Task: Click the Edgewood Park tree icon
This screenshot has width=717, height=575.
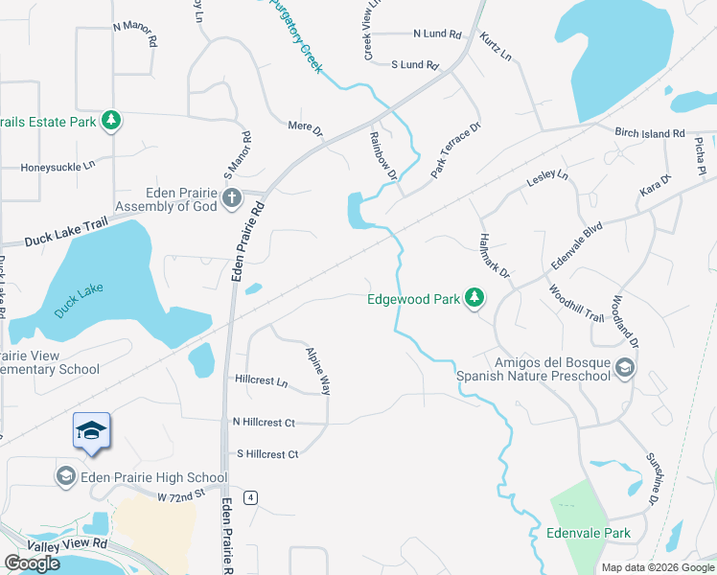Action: coord(474,299)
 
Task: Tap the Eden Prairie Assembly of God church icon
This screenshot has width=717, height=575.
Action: coord(231,198)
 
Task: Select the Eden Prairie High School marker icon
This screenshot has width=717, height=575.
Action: coord(66,476)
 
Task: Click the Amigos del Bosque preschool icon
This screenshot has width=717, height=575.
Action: coord(624,368)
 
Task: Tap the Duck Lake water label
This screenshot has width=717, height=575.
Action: coord(78,301)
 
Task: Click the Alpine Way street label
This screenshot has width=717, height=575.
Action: coord(318,371)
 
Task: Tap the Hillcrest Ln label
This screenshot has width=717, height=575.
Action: coord(261,380)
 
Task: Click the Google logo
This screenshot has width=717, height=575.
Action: coord(32,563)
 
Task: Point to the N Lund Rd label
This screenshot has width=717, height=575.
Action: coord(437,34)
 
